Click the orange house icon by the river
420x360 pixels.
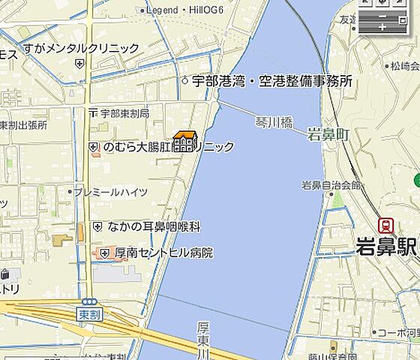(x=184, y=141)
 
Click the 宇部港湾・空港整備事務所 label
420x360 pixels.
(x=272, y=81)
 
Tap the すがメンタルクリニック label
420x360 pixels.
(x=81, y=49)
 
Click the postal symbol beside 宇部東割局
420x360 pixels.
(x=93, y=114)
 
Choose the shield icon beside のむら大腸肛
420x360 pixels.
(x=94, y=148)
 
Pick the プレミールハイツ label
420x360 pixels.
(x=115, y=192)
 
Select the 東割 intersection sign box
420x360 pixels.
(x=89, y=314)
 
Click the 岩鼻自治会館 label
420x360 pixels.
(x=331, y=184)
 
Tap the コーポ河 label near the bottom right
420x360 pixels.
(x=398, y=332)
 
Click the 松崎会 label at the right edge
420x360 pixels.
(x=403, y=67)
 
